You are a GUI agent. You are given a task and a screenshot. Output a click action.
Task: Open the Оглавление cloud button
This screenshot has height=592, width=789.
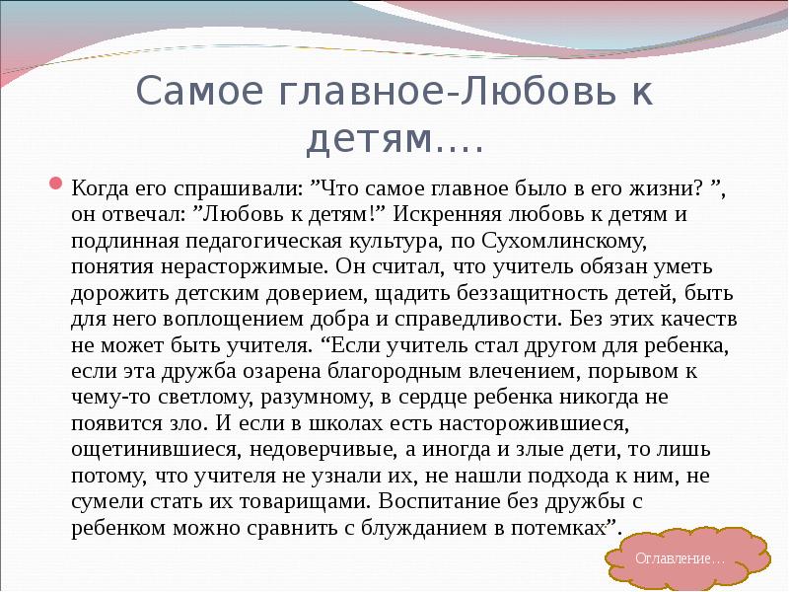click(x=680, y=558)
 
